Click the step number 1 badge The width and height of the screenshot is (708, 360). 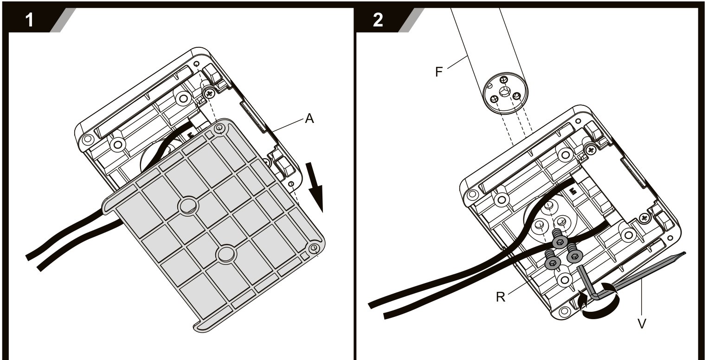click(x=29, y=20)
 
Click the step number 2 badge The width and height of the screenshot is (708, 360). click(x=378, y=20)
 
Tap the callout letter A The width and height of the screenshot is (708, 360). click(x=309, y=118)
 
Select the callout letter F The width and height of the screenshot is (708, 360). click(x=439, y=72)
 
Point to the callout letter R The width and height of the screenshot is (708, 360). click(x=501, y=297)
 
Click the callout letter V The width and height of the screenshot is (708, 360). click(x=642, y=324)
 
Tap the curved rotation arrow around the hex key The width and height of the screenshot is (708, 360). click(x=598, y=302)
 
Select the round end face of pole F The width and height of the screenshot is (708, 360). click(x=505, y=93)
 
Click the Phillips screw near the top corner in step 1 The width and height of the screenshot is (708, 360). click(x=209, y=93)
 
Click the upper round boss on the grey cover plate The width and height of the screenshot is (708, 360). click(x=188, y=206)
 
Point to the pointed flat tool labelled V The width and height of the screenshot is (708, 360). click(x=645, y=272)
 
